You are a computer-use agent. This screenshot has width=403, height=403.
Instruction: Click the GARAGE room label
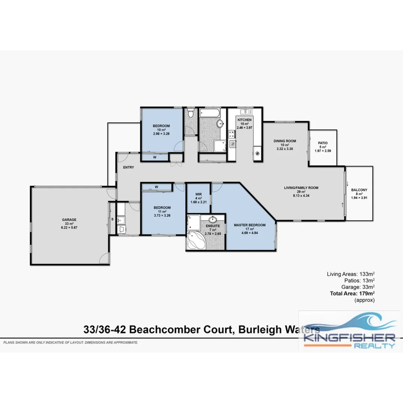tap(69, 220)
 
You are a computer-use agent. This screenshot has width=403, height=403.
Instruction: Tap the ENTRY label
tap(128, 168)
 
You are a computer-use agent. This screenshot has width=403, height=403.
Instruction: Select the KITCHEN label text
tap(244, 119)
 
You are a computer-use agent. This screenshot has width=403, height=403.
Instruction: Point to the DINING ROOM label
tap(285, 141)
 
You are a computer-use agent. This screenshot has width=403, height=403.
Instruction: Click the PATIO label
tap(323, 143)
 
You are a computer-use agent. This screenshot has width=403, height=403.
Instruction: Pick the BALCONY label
tap(359, 190)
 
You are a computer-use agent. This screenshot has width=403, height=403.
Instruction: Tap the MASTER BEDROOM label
tap(250, 225)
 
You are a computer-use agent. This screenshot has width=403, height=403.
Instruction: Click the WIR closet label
tap(199, 194)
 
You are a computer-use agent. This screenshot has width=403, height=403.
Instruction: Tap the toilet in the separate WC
tap(190, 113)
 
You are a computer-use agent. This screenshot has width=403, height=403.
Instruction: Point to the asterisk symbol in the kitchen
tap(257, 153)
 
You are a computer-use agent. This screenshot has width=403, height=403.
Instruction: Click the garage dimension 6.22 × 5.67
tap(69, 227)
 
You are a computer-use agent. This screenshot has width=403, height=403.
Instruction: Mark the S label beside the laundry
tap(112, 219)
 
